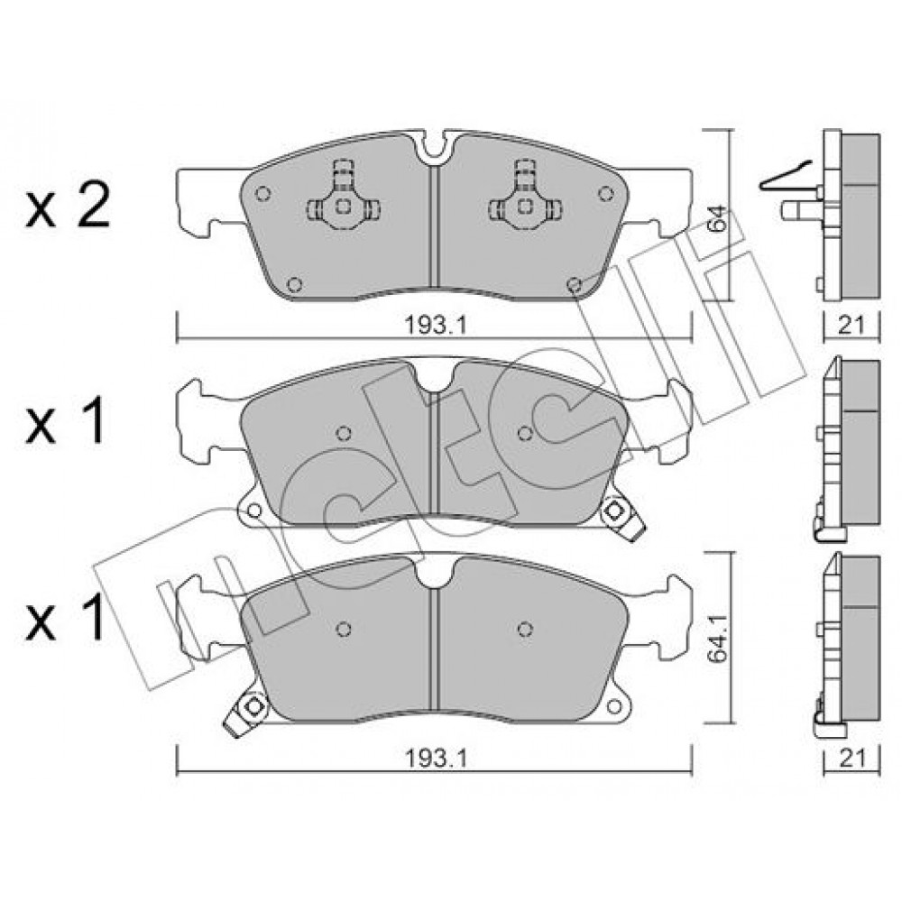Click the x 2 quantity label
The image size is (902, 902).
68,208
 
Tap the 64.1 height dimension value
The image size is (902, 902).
719,638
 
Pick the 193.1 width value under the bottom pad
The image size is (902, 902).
434,759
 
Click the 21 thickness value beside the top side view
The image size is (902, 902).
852,327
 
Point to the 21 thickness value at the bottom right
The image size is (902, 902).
852,759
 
